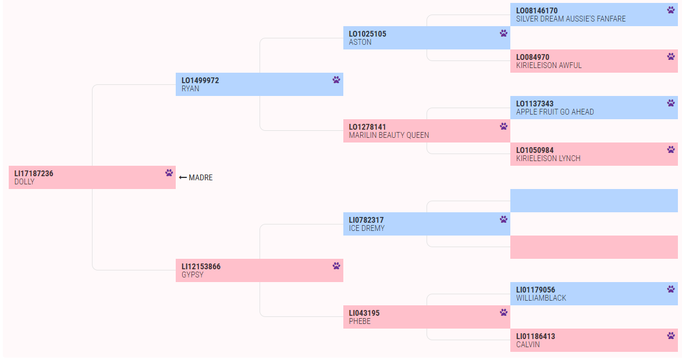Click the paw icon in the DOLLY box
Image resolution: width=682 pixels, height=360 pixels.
tap(169, 173)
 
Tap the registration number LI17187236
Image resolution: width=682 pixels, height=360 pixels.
tap(34, 173)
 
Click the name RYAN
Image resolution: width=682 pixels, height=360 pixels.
tap(190, 88)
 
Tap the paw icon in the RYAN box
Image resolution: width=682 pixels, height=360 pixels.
tap(336, 80)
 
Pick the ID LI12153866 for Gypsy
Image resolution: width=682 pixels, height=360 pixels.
tap(201, 266)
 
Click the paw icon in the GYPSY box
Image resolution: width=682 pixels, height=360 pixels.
tap(336, 266)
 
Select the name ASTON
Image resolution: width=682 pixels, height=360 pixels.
tap(360, 42)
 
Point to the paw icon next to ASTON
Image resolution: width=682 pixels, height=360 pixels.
tap(504, 33)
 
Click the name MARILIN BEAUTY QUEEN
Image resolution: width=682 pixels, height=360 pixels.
tap(389, 135)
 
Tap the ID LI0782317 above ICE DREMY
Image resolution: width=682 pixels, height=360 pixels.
tap(366, 220)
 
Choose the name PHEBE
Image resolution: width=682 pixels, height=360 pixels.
tap(360, 321)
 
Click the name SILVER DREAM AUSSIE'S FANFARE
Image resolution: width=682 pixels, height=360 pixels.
tap(571, 19)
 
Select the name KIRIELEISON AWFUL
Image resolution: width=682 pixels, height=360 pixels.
tap(549, 65)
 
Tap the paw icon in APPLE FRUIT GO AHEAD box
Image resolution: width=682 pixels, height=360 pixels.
tap(671, 103)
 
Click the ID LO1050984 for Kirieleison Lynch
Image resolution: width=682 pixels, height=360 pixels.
tap(535, 151)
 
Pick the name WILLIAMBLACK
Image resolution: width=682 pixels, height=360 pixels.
tap(541, 298)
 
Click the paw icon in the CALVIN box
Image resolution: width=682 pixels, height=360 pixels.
tap(671, 336)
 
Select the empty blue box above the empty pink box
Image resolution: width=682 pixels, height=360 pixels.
tap(594, 201)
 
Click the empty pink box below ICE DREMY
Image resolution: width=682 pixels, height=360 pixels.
tap(594, 247)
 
